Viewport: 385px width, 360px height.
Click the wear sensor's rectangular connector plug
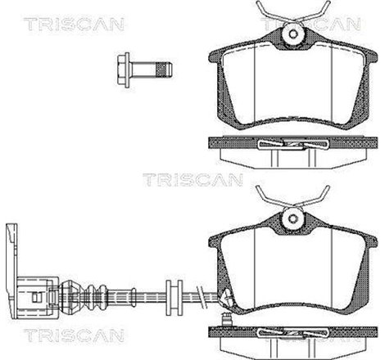(x=34, y=291)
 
